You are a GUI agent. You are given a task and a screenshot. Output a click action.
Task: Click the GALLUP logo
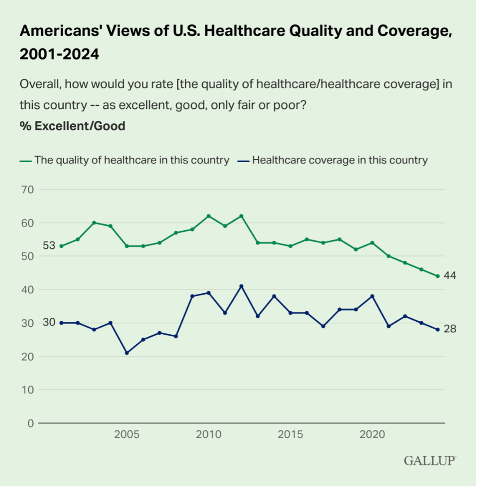pos(430,460)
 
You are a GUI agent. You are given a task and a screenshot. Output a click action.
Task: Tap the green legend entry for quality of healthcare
pos(125,160)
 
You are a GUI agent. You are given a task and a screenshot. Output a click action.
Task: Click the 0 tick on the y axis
pos(30,423)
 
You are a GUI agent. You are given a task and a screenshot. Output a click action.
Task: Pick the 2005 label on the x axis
pos(127,435)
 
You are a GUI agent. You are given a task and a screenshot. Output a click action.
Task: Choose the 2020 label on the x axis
pos(372,435)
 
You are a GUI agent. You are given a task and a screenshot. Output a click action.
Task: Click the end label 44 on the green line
pos(450,276)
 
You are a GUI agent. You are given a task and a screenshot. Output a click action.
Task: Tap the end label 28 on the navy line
pos(450,329)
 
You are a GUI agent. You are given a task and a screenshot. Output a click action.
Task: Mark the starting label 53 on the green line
pos(49,246)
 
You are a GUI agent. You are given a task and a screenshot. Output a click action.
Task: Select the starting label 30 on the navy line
pos(49,322)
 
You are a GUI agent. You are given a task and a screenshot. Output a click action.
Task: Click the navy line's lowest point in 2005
pos(127,353)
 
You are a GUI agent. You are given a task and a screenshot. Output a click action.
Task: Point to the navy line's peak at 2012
pos(241,286)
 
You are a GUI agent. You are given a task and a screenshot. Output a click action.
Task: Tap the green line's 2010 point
pos(208,216)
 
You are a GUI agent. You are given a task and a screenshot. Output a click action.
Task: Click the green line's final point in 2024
pos(437,276)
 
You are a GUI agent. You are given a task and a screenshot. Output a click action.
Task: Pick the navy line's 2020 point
pos(372,296)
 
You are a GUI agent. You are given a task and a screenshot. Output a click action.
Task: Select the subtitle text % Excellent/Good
pos(72,126)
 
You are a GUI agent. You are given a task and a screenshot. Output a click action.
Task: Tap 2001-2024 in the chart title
pos(59,54)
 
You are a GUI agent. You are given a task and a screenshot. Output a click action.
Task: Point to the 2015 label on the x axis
pos(290,435)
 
